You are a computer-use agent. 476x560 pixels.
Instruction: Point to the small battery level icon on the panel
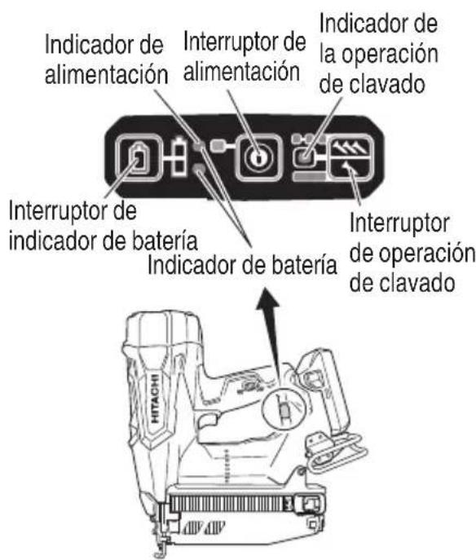pyautogui.click(x=174, y=157)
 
